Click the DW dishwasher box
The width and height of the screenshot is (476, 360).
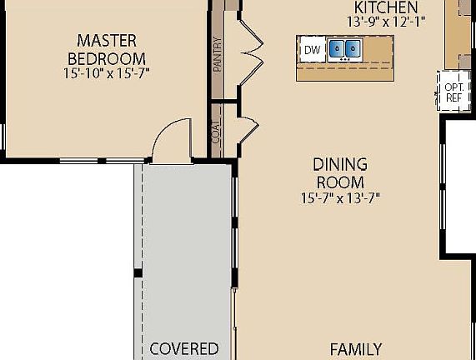(x=312, y=50)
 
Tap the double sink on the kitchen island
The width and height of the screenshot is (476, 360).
(x=343, y=50)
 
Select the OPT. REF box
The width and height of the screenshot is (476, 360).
(x=453, y=92)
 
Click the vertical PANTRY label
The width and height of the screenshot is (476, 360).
(x=218, y=54)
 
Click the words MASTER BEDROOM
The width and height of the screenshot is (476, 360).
(x=106, y=49)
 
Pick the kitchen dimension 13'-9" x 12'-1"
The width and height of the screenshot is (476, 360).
(x=385, y=22)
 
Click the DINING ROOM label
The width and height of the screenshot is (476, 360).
(x=339, y=173)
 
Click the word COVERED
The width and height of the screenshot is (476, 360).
(x=183, y=348)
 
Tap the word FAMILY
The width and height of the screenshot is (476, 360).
(x=355, y=348)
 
